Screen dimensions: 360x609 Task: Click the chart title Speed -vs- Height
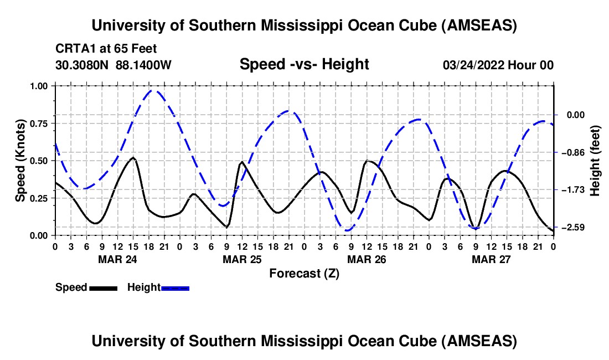click(x=304, y=64)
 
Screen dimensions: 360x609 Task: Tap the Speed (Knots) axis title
click(x=20, y=161)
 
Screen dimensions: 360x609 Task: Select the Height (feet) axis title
click(x=595, y=161)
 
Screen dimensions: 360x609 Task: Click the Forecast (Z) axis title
click(x=304, y=273)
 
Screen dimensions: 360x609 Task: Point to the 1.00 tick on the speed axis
click(x=38, y=86)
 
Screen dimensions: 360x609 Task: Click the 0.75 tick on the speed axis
click(x=38, y=124)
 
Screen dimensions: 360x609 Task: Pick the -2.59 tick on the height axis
click(x=573, y=228)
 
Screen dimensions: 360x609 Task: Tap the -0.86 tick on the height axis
click(x=573, y=152)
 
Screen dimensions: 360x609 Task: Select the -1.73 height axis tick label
click(x=573, y=190)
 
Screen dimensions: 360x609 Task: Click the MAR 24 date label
click(x=117, y=259)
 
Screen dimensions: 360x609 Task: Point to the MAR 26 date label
click(x=366, y=259)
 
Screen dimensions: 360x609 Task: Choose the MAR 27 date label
click(x=491, y=259)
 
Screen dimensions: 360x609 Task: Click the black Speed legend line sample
click(x=103, y=287)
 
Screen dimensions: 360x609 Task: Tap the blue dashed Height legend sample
click(x=175, y=287)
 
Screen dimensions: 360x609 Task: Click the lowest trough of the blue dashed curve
click(x=347, y=230)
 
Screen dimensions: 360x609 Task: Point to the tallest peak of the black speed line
click(x=133, y=158)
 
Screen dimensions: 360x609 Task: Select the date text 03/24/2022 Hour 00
click(x=498, y=65)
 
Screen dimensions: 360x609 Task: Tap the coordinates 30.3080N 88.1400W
click(x=113, y=65)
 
